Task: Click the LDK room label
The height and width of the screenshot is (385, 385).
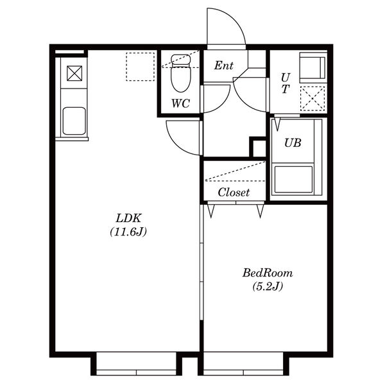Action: pyautogui.click(x=128, y=218)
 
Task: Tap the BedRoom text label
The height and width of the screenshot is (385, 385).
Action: pyautogui.click(x=268, y=273)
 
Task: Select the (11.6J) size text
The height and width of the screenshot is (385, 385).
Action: pyautogui.click(x=128, y=232)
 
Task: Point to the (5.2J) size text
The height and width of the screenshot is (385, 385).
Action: pyautogui.click(x=268, y=286)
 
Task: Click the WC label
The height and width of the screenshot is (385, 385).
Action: pyautogui.click(x=180, y=103)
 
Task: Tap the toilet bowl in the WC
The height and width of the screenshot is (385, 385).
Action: pyautogui.click(x=181, y=74)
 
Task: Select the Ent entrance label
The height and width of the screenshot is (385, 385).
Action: pyautogui.click(x=223, y=65)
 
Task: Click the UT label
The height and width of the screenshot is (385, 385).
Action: pyautogui.click(x=286, y=83)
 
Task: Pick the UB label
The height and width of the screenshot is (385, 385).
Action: pyautogui.click(x=293, y=142)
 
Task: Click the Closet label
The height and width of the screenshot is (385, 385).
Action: pyautogui.click(x=234, y=193)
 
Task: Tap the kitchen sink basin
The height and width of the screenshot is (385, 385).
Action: pyautogui.click(x=74, y=121)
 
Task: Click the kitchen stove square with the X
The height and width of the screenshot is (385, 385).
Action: pyautogui.click(x=74, y=73)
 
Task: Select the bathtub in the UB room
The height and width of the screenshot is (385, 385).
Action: pyautogui.click(x=293, y=180)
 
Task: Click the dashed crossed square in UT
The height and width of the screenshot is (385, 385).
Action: pyautogui.click(x=312, y=98)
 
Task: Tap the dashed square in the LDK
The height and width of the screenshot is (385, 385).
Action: pyautogui.click(x=141, y=67)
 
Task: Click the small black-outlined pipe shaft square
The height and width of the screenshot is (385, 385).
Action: pyautogui.click(x=258, y=147)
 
